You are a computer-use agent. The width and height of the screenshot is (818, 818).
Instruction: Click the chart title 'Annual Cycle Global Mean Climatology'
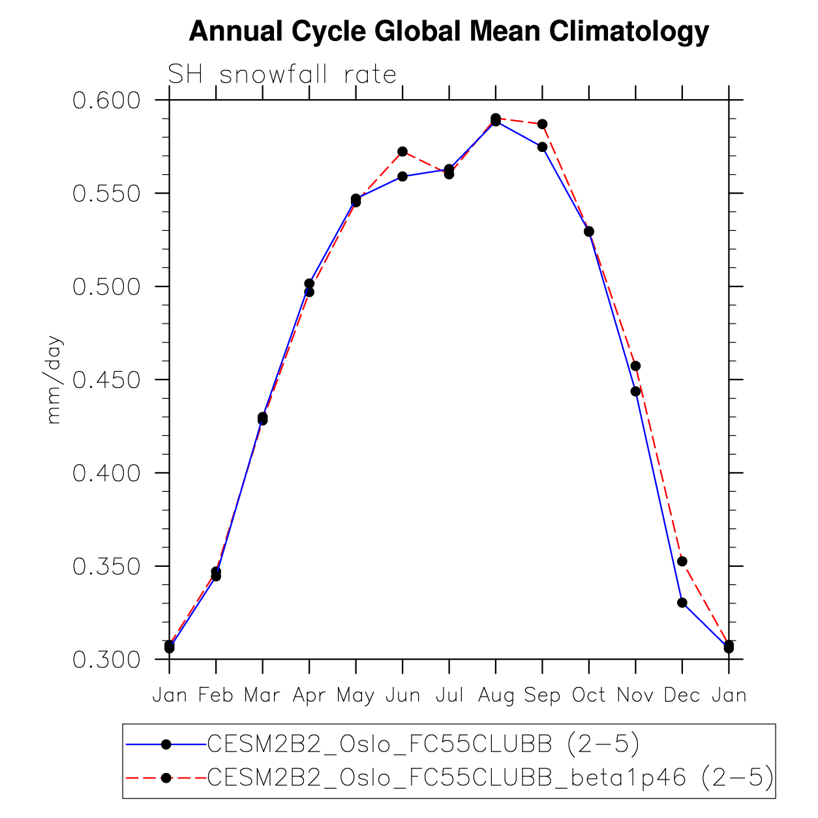(x=449, y=31)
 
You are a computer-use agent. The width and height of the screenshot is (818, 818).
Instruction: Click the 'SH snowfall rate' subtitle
(x=282, y=74)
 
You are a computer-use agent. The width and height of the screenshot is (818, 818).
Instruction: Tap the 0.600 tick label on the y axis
(x=107, y=100)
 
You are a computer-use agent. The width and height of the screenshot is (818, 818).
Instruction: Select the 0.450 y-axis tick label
(x=107, y=380)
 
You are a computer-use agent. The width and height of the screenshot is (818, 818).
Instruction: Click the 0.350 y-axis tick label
(x=107, y=566)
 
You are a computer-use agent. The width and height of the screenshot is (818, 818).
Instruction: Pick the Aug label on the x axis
(x=496, y=695)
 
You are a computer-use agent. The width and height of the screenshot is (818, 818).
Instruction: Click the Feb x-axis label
(x=216, y=695)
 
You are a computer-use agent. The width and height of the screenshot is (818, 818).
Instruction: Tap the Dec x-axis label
(x=682, y=695)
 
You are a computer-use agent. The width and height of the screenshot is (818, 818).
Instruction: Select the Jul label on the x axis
(x=449, y=695)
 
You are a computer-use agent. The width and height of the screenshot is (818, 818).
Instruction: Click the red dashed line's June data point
(x=402, y=151)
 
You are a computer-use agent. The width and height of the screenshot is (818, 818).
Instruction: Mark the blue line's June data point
(x=402, y=176)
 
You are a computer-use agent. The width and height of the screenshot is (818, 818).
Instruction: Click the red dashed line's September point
(x=542, y=124)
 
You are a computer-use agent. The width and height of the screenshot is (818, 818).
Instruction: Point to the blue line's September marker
(x=542, y=147)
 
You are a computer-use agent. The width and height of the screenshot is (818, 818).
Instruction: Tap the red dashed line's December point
(x=682, y=561)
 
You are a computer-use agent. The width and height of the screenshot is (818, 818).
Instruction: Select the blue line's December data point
(x=682, y=603)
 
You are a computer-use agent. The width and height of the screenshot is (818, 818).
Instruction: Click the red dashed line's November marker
(x=635, y=366)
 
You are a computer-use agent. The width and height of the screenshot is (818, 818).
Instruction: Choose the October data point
(x=589, y=232)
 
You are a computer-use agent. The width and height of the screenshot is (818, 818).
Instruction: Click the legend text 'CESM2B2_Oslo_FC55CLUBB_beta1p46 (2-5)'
(x=490, y=777)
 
